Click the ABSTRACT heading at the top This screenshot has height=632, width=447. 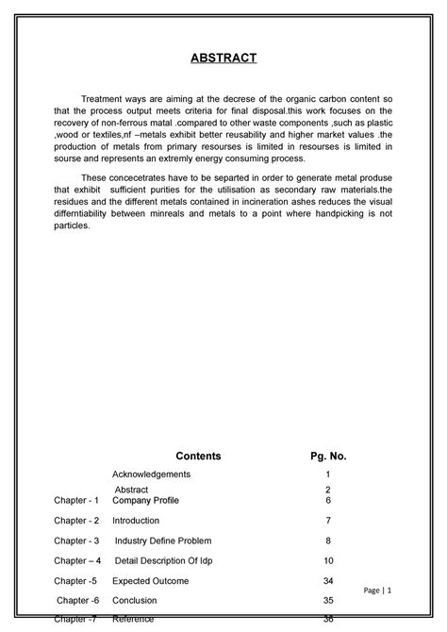pyautogui.click(x=223, y=59)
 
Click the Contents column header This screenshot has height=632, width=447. pyautogui.click(x=198, y=456)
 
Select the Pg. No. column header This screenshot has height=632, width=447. pyautogui.click(x=328, y=456)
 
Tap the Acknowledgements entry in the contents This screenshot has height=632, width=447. pyautogui.click(x=152, y=474)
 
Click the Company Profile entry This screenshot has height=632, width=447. pyautogui.click(x=146, y=499)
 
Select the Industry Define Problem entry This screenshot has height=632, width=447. pyautogui.click(x=163, y=541)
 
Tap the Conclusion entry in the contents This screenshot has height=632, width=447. pyautogui.click(x=135, y=599)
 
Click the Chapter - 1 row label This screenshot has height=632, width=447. pyautogui.click(x=76, y=499)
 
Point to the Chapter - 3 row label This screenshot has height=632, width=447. pyautogui.click(x=76, y=541)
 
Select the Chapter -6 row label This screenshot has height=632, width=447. pyautogui.click(x=76, y=599)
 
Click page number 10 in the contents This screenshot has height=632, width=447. pyautogui.click(x=328, y=560)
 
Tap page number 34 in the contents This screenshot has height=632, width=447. pyautogui.click(x=328, y=580)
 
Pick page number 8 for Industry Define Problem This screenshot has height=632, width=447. pyautogui.click(x=328, y=541)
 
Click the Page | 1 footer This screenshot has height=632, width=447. pyautogui.click(x=389, y=590)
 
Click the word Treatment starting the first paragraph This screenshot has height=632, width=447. pyautogui.click(x=104, y=98)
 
